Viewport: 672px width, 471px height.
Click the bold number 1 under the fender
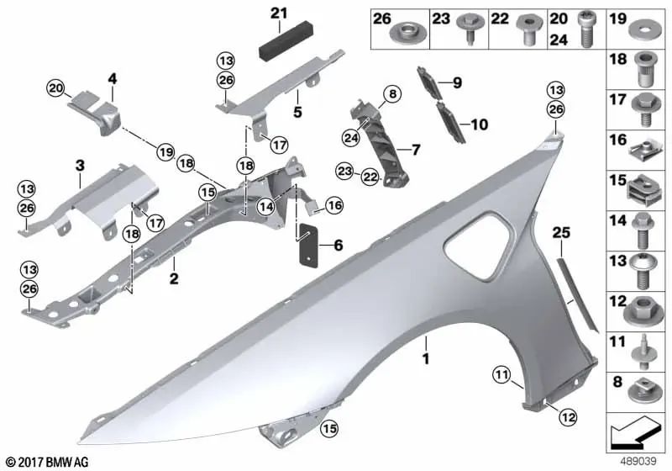[x=426, y=360]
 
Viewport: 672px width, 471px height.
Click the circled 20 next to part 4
[x=55, y=87]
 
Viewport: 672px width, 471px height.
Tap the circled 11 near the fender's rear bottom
[x=501, y=373]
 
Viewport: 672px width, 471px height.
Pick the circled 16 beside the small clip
[x=334, y=204]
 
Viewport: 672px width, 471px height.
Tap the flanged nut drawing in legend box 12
[x=643, y=310]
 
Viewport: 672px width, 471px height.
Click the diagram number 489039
[x=640, y=461]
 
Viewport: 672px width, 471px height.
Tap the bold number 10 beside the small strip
[x=479, y=124]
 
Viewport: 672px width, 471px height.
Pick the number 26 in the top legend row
[x=382, y=18]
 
